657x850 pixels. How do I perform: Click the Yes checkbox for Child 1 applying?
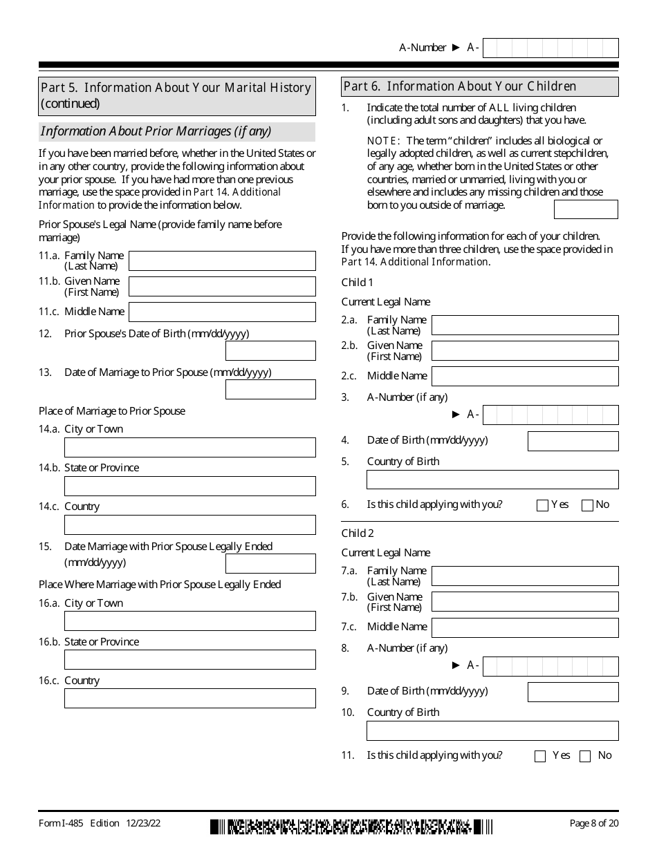(x=542, y=505)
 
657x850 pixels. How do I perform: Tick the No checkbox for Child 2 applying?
(x=585, y=756)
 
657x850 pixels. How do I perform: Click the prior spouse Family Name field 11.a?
(x=222, y=261)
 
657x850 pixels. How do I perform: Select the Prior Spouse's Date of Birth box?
(x=270, y=350)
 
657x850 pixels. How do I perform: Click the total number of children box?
(x=586, y=209)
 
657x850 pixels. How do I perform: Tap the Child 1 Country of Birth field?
(x=492, y=480)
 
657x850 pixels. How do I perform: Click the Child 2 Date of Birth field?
(x=573, y=692)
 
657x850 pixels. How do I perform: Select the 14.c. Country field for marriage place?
(x=189, y=525)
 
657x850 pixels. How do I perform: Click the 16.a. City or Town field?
(x=189, y=621)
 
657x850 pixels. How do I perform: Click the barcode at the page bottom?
(x=352, y=827)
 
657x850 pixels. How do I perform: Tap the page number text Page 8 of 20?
(x=593, y=823)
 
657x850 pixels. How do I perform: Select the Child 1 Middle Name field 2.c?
(x=524, y=376)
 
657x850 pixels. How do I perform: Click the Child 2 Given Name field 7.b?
(x=524, y=601)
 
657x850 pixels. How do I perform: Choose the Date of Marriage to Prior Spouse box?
(x=270, y=389)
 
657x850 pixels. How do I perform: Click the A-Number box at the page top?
(x=550, y=48)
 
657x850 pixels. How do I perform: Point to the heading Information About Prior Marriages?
(x=156, y=131)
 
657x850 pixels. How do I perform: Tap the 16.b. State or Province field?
(x=189, y=659)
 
